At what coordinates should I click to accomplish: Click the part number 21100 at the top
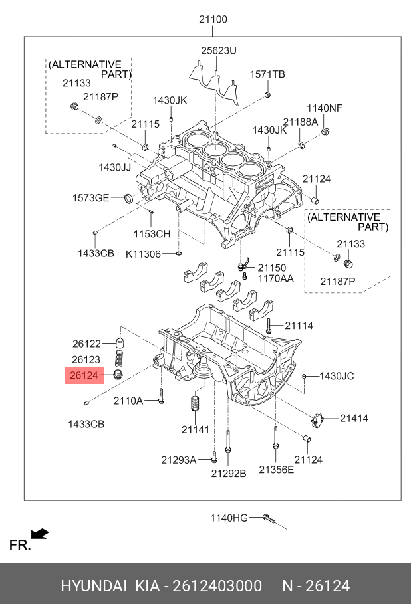[213, 19]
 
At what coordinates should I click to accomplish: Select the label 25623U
[219, 50]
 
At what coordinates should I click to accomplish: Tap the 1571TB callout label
[267, 74]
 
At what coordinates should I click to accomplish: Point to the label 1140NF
[324, 108]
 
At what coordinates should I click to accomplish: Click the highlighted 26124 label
[84, 376]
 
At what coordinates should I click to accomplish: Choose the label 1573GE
[90, 198]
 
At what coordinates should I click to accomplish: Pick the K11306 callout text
[143, 254]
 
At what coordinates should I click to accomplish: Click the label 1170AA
[275, 278]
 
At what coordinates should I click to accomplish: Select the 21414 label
[354, 418]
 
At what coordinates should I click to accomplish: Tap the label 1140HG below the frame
[229, 518]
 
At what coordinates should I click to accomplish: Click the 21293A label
[178, 459]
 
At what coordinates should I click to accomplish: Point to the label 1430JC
[337, 376]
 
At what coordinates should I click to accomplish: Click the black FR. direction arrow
[40, 533]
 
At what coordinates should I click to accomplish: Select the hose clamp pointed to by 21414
[317, 419]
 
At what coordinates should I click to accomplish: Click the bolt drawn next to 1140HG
[267, 517]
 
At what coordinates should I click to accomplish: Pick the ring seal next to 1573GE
[128, 197]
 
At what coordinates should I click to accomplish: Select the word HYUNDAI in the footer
[94, 586]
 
